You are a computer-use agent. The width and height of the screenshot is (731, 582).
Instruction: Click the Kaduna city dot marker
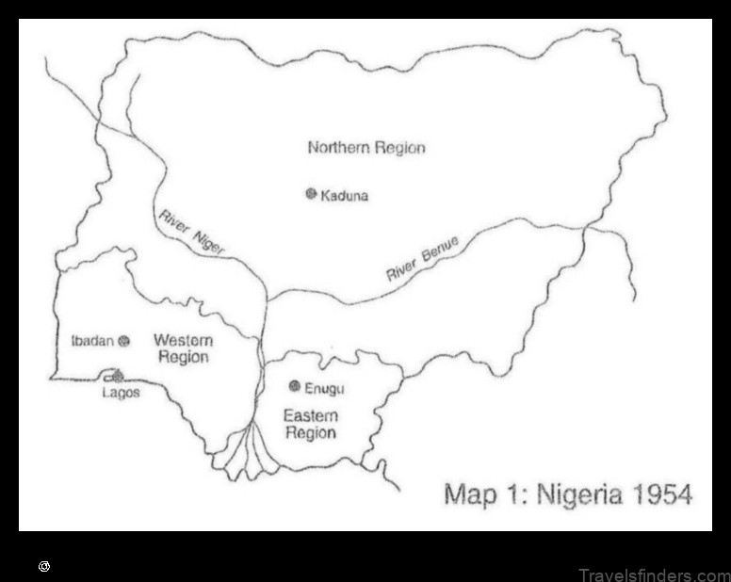pos(310,194)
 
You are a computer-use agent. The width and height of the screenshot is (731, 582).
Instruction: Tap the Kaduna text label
pos(345,196)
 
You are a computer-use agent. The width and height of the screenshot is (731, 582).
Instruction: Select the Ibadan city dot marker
pos(123,341)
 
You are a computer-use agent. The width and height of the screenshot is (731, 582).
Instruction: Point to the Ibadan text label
pos(92,341)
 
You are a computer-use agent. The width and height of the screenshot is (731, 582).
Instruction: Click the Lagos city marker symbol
pos(118,376)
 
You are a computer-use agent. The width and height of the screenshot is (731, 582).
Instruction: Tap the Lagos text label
pos(121,393)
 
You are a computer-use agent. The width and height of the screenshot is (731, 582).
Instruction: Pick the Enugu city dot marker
pos(295,386)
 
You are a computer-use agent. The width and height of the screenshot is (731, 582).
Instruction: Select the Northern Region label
pos(366,148)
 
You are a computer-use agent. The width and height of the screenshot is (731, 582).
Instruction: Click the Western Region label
pos(183,348)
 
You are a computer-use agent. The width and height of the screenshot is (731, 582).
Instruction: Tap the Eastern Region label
pos(310,424)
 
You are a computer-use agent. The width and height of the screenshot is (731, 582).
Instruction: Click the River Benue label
pos(422,260)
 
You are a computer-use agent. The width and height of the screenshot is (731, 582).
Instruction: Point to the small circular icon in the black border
pos(43,567)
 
